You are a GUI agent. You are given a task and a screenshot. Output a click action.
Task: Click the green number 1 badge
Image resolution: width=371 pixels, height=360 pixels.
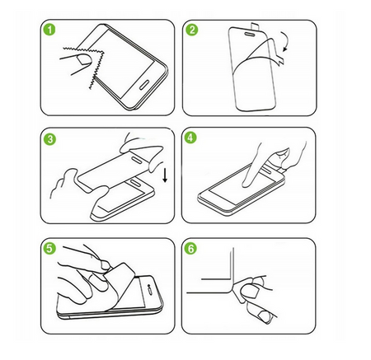(x=49, y=32)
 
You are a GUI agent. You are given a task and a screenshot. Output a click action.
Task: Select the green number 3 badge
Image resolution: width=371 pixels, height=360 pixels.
(x=49, y=140)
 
